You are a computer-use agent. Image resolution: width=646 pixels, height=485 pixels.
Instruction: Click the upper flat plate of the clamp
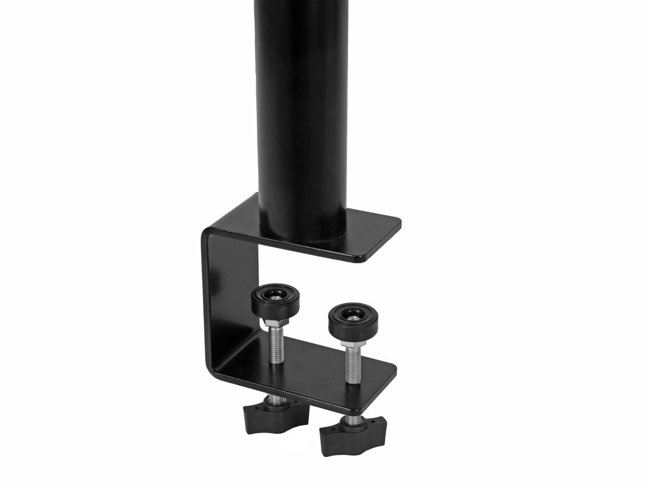[367, 234]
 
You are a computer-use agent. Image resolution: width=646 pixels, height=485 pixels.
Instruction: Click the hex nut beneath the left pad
[275, 323]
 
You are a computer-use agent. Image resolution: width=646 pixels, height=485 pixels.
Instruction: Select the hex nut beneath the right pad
[352, 343]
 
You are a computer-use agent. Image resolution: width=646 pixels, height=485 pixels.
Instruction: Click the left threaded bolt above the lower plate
[276, 346]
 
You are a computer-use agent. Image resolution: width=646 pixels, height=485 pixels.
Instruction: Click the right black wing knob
[352, 437]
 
